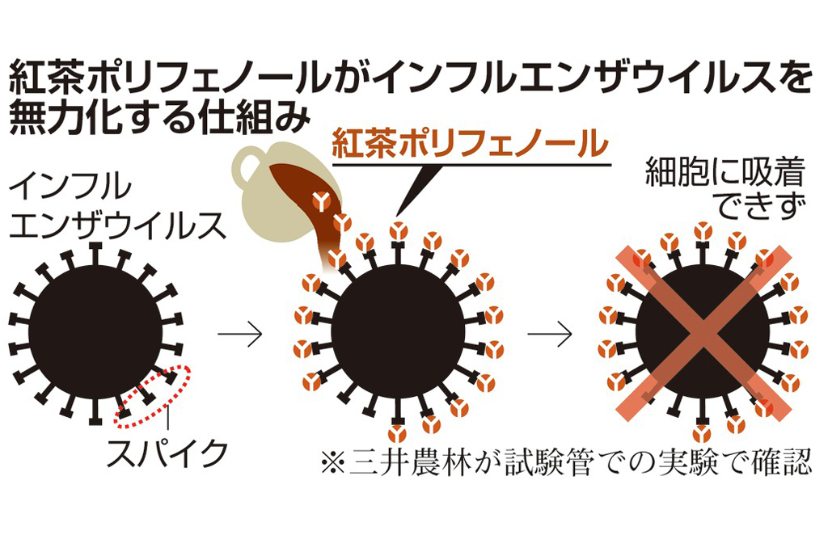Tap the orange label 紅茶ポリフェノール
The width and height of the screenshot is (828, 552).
coord(470,146)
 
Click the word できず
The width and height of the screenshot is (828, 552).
coord(752,207)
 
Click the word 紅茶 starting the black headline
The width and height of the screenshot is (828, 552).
coord(45,81)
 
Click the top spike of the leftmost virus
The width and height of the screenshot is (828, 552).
coord(95,252)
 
